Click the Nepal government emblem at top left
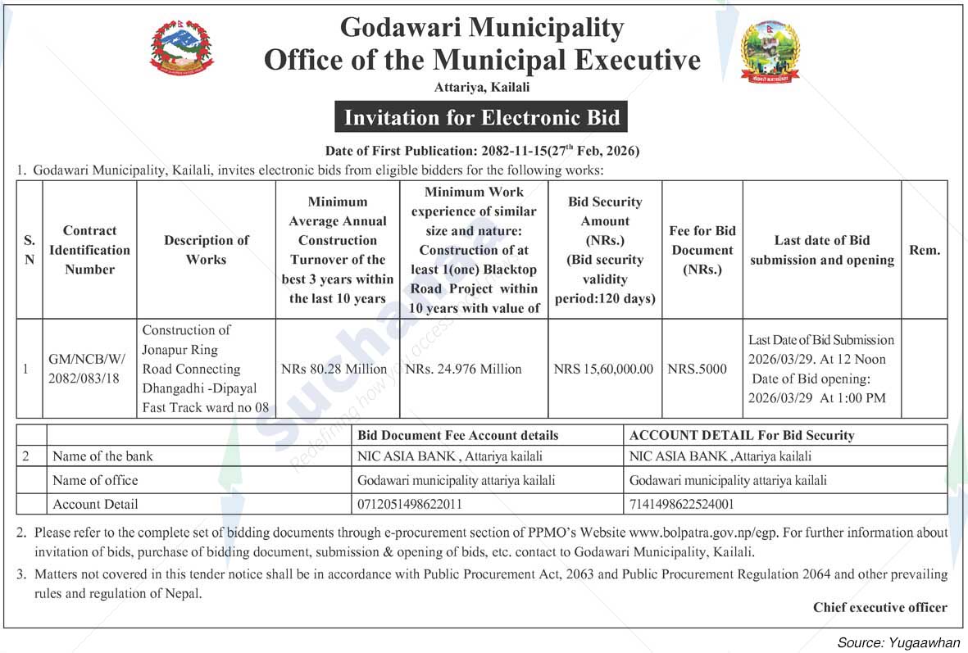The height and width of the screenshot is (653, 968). (183, 48)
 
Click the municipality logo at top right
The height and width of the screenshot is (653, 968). (769, 52)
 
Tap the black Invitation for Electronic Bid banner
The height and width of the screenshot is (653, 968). (481, 117)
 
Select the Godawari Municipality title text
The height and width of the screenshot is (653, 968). (482, 27)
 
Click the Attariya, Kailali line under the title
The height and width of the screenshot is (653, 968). (482, 87)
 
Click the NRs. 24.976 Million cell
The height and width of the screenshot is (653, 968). (464, 369)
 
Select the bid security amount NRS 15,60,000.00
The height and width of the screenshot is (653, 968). (604, 369)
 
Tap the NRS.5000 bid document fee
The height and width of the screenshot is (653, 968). (698, 369)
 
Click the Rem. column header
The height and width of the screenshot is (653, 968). (925, 250)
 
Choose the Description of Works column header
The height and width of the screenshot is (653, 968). (206, 250)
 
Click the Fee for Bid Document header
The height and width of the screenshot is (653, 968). (702, 250)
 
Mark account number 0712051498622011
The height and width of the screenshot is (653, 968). (410, 504)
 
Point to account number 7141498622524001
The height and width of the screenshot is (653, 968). (681, 504)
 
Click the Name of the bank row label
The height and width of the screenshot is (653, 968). (102, 456)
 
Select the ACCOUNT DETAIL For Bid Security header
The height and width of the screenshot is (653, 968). (741, 435)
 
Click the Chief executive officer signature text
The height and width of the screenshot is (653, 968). (879, 607)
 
